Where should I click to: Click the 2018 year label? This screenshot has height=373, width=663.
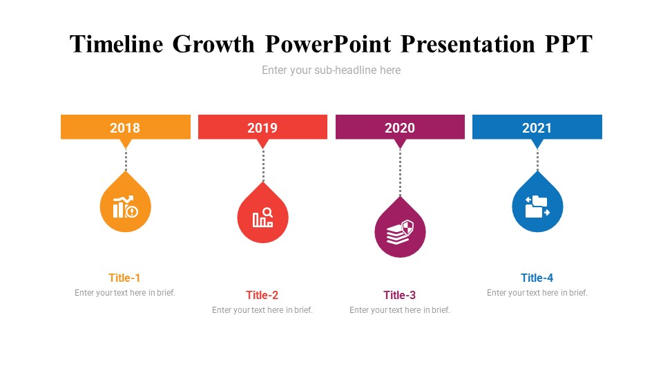coord(125,128)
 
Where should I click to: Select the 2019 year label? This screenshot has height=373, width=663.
coord(262,128)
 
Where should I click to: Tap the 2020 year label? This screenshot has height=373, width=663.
coord(400,128)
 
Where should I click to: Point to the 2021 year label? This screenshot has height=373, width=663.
coord(537,128)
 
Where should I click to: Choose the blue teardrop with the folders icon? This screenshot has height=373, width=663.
coord(537,207)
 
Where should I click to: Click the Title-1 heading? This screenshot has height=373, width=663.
coord(124,278)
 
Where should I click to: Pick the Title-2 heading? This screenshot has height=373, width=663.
coord(262,295)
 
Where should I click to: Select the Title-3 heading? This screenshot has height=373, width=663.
coord(400,295)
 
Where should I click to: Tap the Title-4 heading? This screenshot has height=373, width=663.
coord(537,278)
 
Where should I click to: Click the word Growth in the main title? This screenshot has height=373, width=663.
coord(214,44)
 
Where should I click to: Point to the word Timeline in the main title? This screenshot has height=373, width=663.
coord(117,44)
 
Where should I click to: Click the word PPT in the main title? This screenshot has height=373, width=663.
coord(567,44)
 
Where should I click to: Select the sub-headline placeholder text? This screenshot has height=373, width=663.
coord(331,70)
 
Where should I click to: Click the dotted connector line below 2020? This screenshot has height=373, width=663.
coord(400,173)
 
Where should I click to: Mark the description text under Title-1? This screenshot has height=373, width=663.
coord(125,293)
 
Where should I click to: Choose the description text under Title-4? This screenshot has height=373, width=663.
coord(537,293)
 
